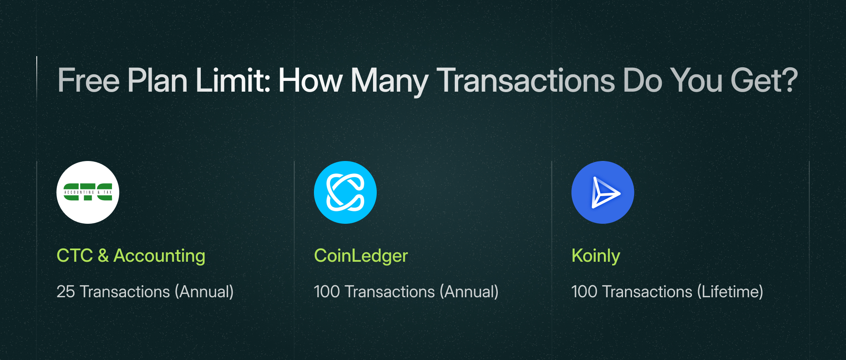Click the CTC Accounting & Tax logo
(x=88, y=192)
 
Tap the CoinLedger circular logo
(x=345, y=192)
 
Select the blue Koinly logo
(x=603, y=192)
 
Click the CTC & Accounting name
(x=131, y=256)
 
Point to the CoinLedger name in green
(x=361, y=256)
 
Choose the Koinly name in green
(x=596, y=256)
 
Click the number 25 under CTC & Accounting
(x=66, y=292)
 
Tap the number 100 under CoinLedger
(x=327, y=292)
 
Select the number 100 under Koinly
(x=584, y=292)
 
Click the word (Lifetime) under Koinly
(x=730, y=292)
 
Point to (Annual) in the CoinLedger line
(x=469, y=292)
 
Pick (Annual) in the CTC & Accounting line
(x=204, y=292)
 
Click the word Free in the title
(x=89, y=81)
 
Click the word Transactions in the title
(x=526, y=81)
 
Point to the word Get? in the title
(x=764, y=81)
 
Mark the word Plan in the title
(x=157, y=80)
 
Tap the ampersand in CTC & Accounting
(x=103, y=256)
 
